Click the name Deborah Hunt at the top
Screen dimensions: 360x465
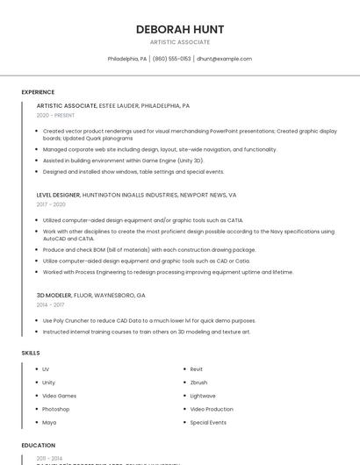[180, 29]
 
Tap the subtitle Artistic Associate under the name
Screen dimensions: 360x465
[180, 42]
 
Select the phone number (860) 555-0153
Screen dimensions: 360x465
[171, 59]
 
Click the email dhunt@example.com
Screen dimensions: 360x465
[224, 59]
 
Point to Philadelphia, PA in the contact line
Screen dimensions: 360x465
[127, 59]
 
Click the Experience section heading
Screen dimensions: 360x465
[38, 92]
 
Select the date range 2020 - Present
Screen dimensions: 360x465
[55, 115]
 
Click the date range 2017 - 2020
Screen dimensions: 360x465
[51, 204]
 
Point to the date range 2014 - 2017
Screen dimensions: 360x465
[50, 304]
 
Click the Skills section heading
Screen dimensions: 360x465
[31, 353]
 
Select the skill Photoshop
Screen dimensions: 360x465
[55, 409]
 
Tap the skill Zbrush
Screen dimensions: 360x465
[198, 383]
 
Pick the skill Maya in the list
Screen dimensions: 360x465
[49, 422]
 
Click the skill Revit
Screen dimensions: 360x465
[197, 369]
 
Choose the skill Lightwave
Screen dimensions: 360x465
[203, 396]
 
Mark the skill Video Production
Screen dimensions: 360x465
[212, 409]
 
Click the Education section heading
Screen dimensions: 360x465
[38, 446]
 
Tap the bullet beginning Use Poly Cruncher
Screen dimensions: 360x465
[149, 320]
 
